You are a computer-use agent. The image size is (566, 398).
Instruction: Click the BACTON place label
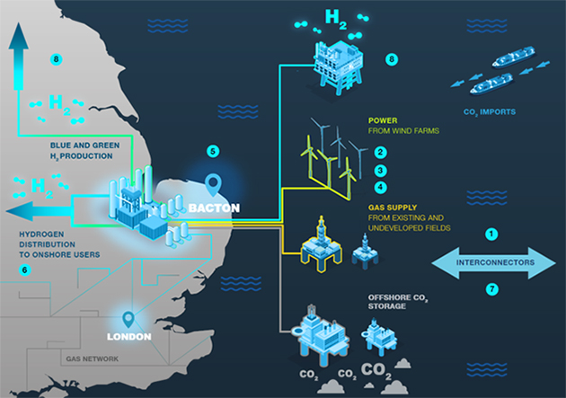[214, 208]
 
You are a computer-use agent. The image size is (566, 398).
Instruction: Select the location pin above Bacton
[213, 185]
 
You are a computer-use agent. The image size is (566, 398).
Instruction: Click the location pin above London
[128, 318]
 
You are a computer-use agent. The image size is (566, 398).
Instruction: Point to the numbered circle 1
[491, 234]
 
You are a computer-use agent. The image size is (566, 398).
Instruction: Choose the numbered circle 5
[212, 150]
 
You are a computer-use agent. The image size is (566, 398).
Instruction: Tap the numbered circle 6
[24, 269]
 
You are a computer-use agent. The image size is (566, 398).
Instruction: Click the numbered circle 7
[491, 288]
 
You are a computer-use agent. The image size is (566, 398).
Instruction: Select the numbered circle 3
[380, 170]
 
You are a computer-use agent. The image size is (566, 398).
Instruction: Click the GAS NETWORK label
[92, 358]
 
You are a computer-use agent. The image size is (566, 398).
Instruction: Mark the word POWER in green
[383, 119]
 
